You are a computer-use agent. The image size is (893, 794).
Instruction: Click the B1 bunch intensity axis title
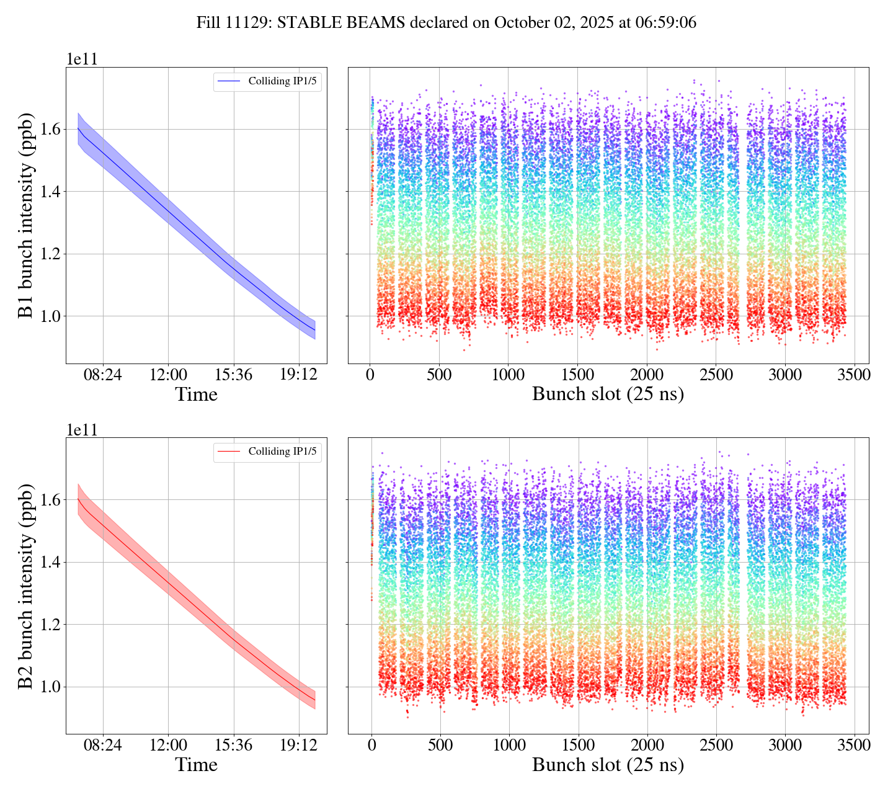tap(26, 215)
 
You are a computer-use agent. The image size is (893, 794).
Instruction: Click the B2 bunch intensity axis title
tap(26, 586)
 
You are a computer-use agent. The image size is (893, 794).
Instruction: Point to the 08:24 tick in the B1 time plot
tap(103, 376)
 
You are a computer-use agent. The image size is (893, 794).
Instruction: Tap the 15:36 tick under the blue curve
tap(233, 376)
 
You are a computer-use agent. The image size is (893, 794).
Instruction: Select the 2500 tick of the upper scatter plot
tap(716, 376)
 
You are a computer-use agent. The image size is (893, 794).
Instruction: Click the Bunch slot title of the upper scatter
tap(608, 395)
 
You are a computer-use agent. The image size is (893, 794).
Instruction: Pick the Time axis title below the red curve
tap(196, 765)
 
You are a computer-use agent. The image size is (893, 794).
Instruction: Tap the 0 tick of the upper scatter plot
tap(370, 376)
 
